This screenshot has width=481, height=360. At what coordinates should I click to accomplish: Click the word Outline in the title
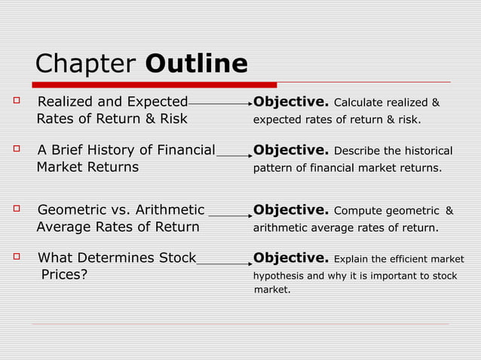(x=196, y=64)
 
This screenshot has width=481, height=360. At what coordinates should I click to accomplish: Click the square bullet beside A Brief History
(x=16, y=150)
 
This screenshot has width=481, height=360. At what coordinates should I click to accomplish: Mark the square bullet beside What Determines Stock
(x=16, y=258)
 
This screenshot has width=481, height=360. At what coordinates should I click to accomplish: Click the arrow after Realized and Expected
(x=220, y=103)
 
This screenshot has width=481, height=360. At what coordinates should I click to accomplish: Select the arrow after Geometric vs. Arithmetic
(x=230, y=215)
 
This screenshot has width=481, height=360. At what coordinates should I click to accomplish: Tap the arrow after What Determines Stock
(x=224, y=264)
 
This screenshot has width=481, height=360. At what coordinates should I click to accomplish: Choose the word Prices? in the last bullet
(x=64, y=275)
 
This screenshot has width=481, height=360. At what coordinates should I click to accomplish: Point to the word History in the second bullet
(x=111, y=151)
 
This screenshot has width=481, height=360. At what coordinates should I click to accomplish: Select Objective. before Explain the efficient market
(x=291, y=259)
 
